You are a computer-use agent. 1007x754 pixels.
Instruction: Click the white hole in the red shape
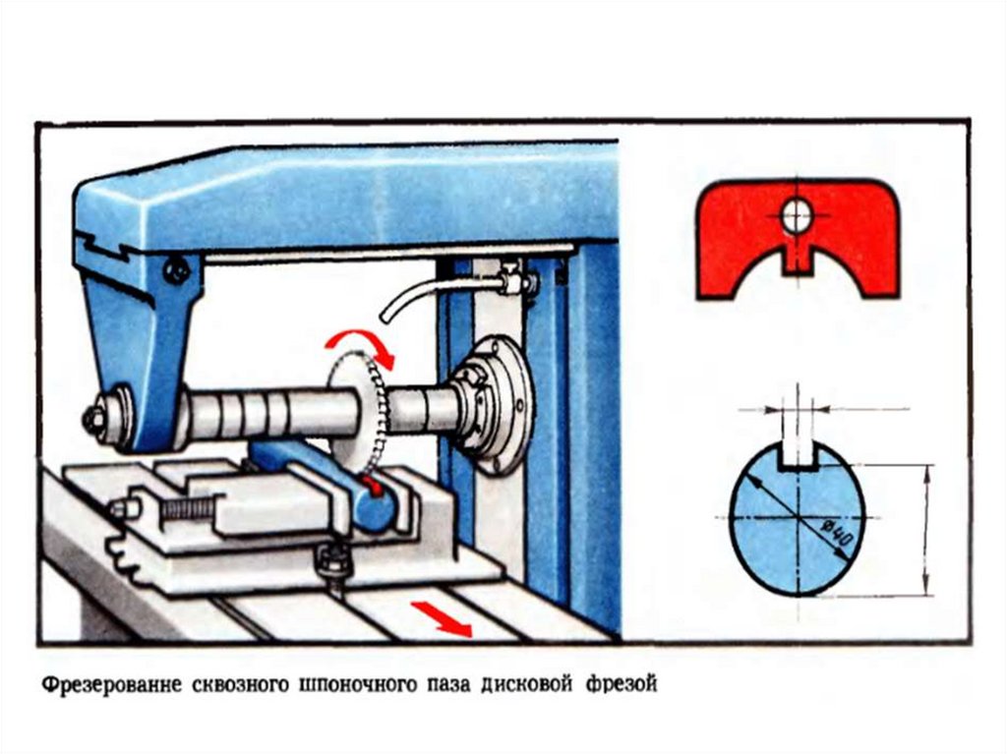[x=797, y=215]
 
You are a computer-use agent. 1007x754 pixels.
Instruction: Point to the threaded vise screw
[x=188, y=508]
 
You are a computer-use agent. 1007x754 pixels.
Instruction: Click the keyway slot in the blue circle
[x=798, y=455]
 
